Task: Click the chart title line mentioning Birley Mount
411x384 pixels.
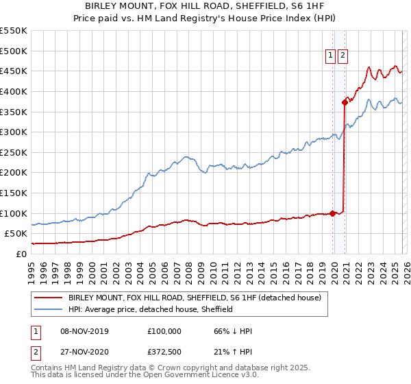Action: [x=206, y=6]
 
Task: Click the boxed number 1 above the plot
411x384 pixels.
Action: [x=330, y=56]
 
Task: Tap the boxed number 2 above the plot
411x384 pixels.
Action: [x=342, y=56]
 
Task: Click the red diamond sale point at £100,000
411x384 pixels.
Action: [x=333, y=213]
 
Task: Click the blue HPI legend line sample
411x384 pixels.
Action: [x=49, y=309]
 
